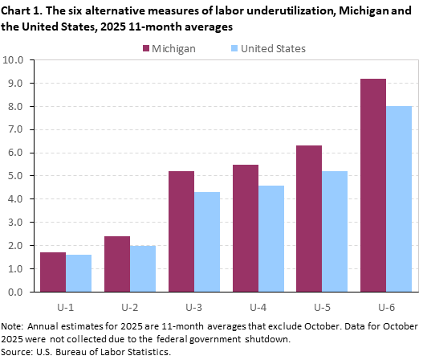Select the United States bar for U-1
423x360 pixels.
coord(79,273)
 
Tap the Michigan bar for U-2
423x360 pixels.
coord(117,264)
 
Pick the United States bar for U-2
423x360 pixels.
coord(143,268)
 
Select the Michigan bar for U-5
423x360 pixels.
coord(310,219)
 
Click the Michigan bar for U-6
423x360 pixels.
coord(373,185)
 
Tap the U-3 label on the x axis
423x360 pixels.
coord(194,306)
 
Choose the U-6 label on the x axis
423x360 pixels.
coord(386,306)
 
